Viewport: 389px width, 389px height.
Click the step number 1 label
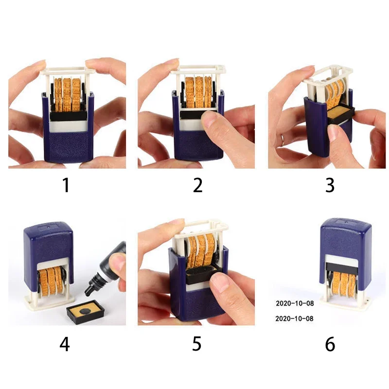point(66,185)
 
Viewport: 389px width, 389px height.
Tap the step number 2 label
point(197,185)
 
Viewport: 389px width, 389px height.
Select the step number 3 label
point(330,185)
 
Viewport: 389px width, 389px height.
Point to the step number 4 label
point(65,344)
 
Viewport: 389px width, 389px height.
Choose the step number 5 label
point(196,344)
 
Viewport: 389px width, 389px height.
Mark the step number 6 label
point(330,344)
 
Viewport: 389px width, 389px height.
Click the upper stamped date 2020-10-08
point(295,303)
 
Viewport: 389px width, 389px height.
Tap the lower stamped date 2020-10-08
point(295,318)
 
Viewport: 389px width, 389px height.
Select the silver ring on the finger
point(283,140)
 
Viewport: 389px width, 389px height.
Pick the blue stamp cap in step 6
point(346,243)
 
